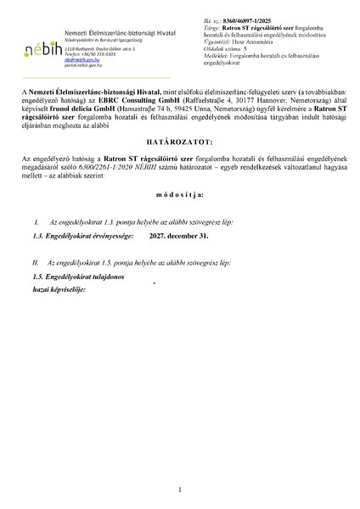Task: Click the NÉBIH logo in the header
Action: click(38, 39)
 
